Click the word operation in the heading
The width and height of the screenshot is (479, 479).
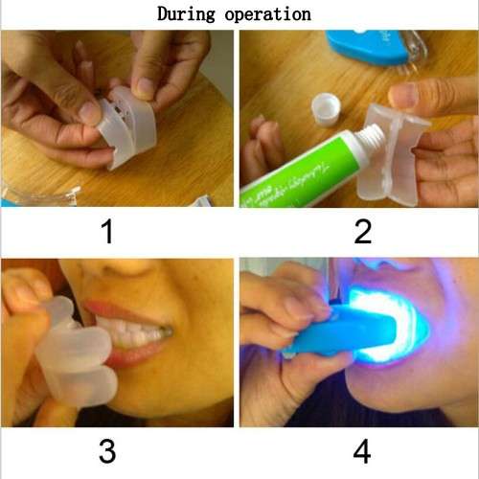point(272,14)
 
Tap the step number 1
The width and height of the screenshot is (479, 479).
point(107,230)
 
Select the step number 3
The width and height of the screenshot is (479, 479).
point(107,450)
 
